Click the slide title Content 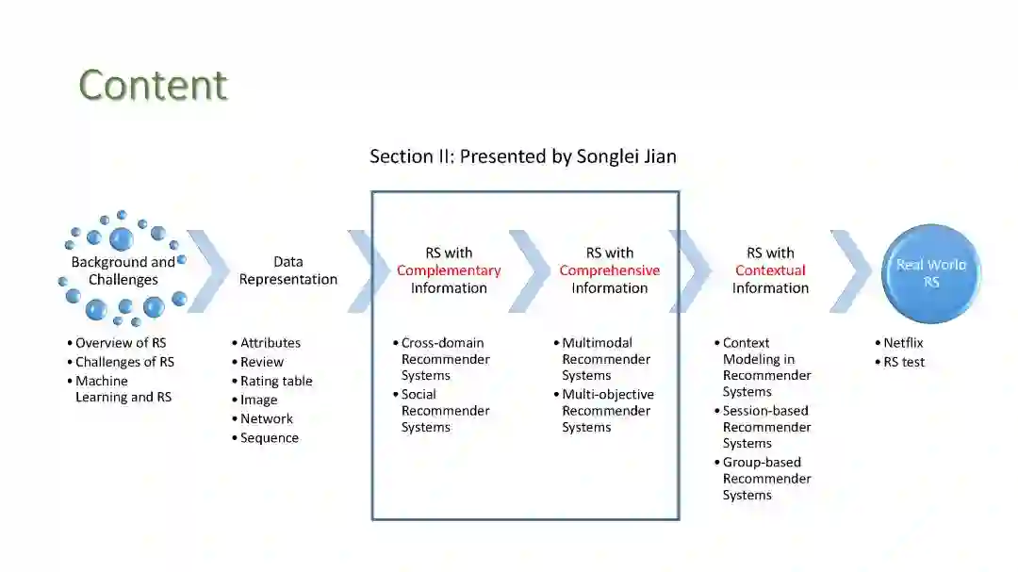[153, 85]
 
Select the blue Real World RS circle [931, 273]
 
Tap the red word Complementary [449, 270]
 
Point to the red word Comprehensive [609, 270]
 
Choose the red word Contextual [770, 270]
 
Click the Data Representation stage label [287, 270]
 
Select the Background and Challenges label [123, 270]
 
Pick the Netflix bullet [903, 343]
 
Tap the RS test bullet [904, 362]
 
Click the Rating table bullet [276, 381]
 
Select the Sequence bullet [270, 437]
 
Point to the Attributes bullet [271, 343]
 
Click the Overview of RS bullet [121, 343]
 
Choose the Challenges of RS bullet [124, 362]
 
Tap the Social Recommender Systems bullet [445, 411]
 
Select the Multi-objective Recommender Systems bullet [607, 411]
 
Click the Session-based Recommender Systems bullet [765, 427]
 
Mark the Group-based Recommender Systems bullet [766, 479]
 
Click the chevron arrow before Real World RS [850, 271]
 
